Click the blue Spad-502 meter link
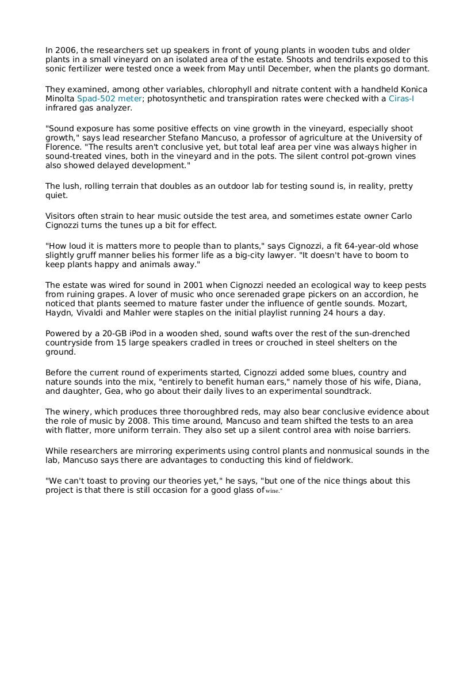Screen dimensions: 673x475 (109, 98)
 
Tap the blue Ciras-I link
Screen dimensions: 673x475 (401, 98)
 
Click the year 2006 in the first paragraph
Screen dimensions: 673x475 (66, 51)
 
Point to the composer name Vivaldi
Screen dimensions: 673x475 (91, 313)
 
